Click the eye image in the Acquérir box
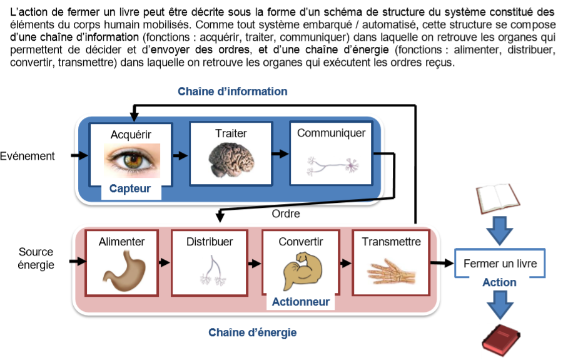click(131, 160)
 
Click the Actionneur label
click(301, 302)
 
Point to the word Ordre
click(286, 213)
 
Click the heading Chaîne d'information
click(233, 91)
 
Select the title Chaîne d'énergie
click(253, 332)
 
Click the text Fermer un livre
click(500, 264)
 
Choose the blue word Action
click(499, 282)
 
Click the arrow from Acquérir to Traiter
click(180, 155)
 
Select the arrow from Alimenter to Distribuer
click(163, 263)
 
